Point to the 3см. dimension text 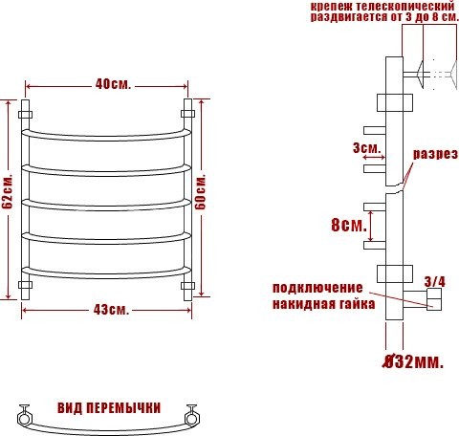366,149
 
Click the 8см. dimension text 347,226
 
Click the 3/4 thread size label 434,281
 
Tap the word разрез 435,154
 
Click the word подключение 317,288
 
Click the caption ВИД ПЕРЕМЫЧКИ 108,406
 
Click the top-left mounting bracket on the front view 26,114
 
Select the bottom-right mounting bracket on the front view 187,284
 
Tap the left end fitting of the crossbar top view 26,417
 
